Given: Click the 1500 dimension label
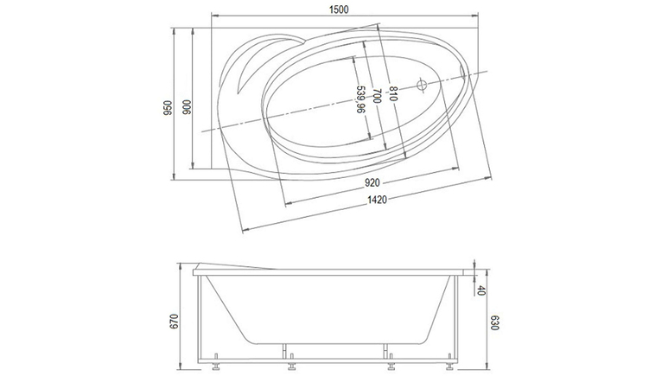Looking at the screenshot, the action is coord(339,10).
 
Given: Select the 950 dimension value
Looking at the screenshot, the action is coord(168,108).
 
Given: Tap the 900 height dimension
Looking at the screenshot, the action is coord(187,107).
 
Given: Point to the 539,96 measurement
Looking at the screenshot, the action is coord(360,99).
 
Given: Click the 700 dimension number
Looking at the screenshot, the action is coord(377,95).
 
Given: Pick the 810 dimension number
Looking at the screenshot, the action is coord(393,94).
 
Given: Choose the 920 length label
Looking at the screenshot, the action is coord(372,183).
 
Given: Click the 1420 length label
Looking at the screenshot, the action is coord(378,200).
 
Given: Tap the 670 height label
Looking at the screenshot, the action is coord(174,321).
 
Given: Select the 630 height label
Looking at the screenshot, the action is coord(494,322).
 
